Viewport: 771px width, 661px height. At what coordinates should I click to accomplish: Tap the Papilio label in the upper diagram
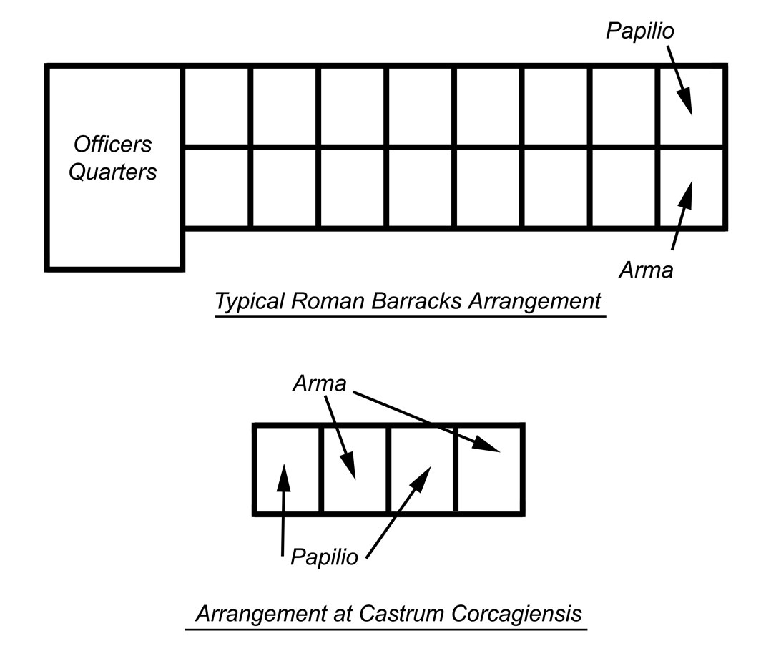pos(640,31)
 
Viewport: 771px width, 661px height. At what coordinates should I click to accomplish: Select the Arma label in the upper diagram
pos(646,270)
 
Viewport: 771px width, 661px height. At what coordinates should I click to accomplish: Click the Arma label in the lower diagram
pos(319,384)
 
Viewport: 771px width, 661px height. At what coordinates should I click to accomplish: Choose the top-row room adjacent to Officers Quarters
pos(217,107)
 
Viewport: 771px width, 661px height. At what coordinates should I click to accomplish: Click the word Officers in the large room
pos(113,144)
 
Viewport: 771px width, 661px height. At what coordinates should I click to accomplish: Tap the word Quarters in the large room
pos(113,172)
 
